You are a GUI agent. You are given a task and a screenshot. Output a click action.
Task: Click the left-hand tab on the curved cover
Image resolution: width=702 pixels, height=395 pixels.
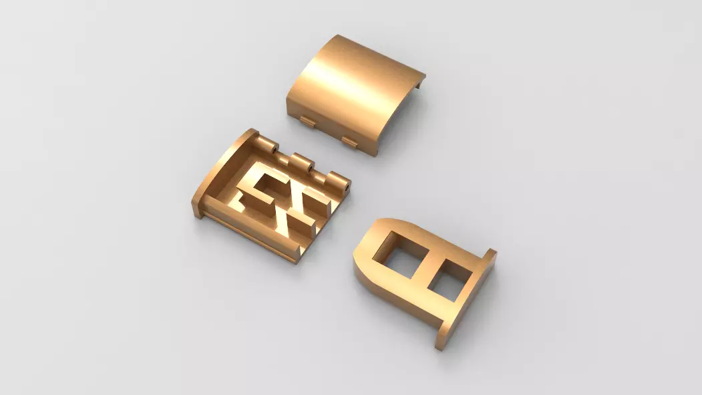coord(308,121)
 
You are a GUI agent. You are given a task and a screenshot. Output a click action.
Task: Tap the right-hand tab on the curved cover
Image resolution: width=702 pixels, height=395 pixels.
coord(350,140)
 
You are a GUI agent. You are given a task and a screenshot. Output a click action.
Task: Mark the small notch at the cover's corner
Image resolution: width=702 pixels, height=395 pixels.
coord(419,82)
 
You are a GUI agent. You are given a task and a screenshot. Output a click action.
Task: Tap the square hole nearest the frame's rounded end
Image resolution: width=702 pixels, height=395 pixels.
coord(397,251)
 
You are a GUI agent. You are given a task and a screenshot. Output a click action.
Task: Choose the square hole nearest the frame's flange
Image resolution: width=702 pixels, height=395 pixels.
coord(449,279)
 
